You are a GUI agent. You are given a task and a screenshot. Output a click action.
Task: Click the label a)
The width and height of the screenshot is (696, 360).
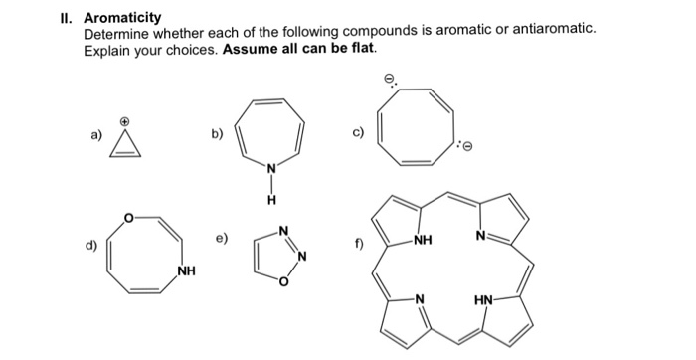94,133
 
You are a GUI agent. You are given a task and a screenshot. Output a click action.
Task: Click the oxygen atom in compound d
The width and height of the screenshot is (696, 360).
126,216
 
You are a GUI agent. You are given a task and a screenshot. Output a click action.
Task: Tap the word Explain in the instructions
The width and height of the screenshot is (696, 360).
107,49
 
